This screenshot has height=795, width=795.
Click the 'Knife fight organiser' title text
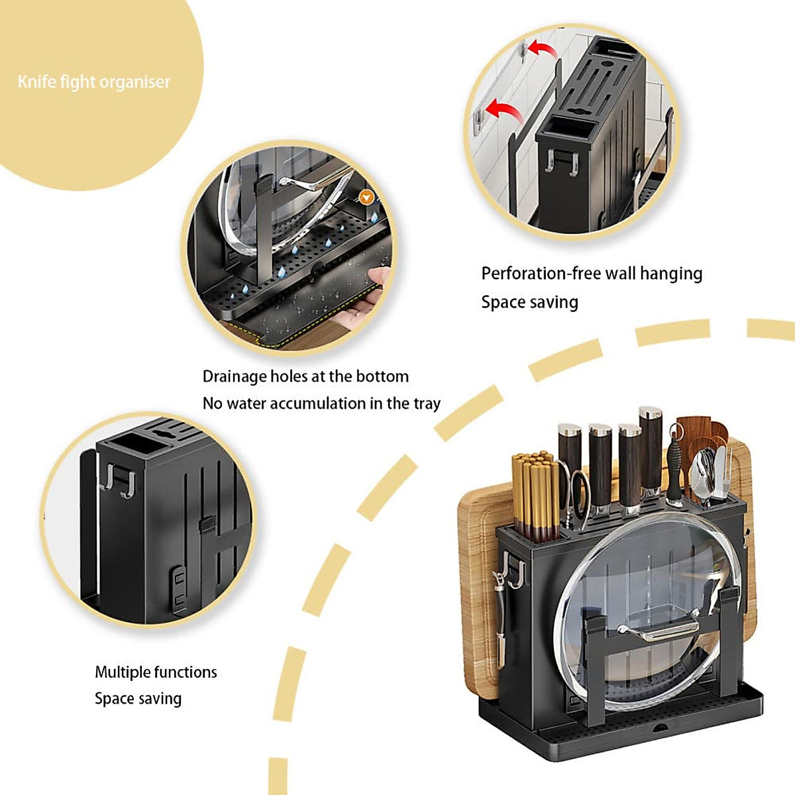tap(94, 82)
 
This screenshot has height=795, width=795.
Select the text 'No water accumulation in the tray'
tap(321, 403)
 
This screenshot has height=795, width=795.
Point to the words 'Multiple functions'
tap(156, 672)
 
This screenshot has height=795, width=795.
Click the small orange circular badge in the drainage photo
tap(365, 197)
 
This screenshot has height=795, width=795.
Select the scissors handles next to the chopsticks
tap(578, 494)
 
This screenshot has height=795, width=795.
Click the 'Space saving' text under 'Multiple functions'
tap(138, 699)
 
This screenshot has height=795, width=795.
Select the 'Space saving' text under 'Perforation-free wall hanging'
tap(529, 303)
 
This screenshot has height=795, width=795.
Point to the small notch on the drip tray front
tap(660, 728)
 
